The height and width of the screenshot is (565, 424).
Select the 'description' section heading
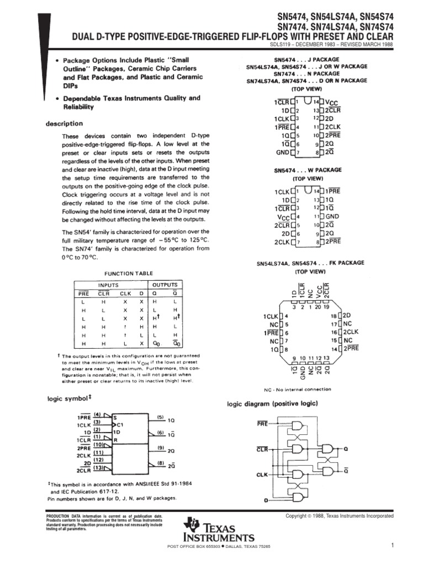[64, 124]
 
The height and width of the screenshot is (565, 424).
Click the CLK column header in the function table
[125, 293]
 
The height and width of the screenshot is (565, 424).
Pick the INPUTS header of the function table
[108, 285]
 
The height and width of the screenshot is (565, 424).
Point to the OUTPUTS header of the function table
[164, 285]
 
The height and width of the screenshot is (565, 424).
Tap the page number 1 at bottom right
[391, 546]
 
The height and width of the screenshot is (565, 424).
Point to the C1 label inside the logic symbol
[120, 424]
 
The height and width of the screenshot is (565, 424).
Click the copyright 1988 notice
[339, 516]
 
